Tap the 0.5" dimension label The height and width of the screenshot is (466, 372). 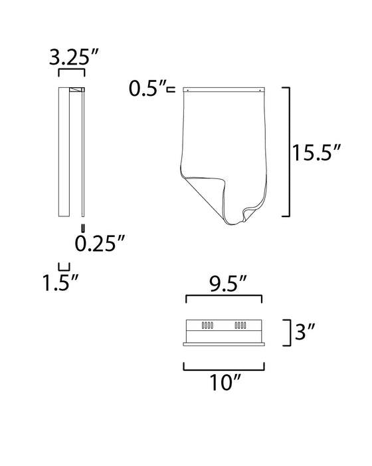pyautogui.click(x=147, y=89)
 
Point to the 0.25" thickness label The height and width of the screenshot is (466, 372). pyautogui.click(x=100, y=244)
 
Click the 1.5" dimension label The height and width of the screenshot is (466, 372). pyautogui.click(x=60, y=282)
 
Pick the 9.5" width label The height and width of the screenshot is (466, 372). pyautogui.click(x=228, y=284)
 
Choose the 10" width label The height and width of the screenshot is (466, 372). pyautogui.click(x=225, y=382)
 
